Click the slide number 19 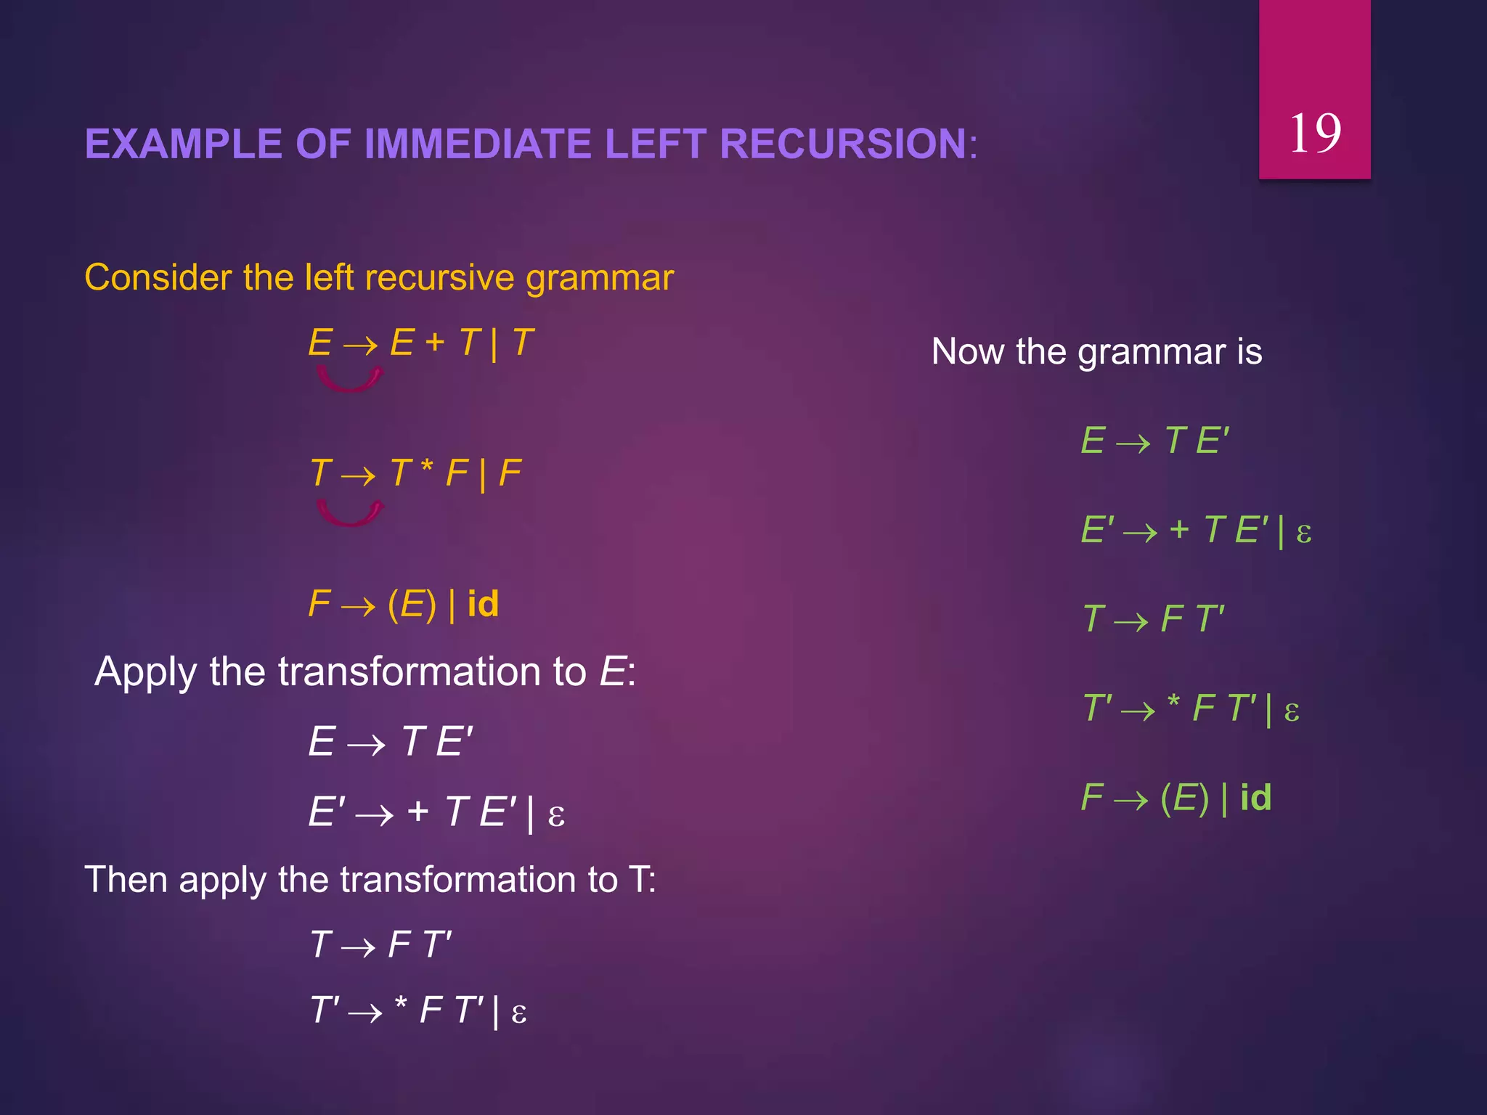1315,134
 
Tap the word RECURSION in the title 843,144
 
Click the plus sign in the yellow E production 434,342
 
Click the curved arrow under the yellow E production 349,380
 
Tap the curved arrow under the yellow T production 349,514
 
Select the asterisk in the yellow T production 427,467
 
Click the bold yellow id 483,604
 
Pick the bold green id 1255,798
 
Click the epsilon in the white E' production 556,815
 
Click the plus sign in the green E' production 1179,529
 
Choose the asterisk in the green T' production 1173,703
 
